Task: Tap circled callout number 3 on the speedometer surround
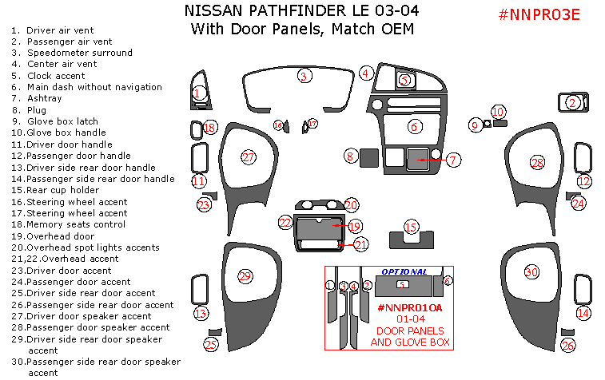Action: pos(304,77)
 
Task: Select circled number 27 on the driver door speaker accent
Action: pos(249,157)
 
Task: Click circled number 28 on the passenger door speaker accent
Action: pos(537,163)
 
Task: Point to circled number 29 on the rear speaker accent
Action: pos(245,276)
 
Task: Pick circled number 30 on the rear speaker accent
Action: pos(531,272)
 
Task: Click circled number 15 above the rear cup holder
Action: pos(411,228)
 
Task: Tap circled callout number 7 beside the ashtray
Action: pos(452,160)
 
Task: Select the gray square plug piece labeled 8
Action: pos(369,156)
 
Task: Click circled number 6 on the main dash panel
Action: pos(414,126)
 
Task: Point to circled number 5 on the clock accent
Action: pos(404,80)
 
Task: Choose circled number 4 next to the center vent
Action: pos(365,73)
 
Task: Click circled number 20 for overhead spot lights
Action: pos(351,205)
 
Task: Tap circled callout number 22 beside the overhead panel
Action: pos(285,223)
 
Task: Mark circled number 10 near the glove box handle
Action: pos(498,112)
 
